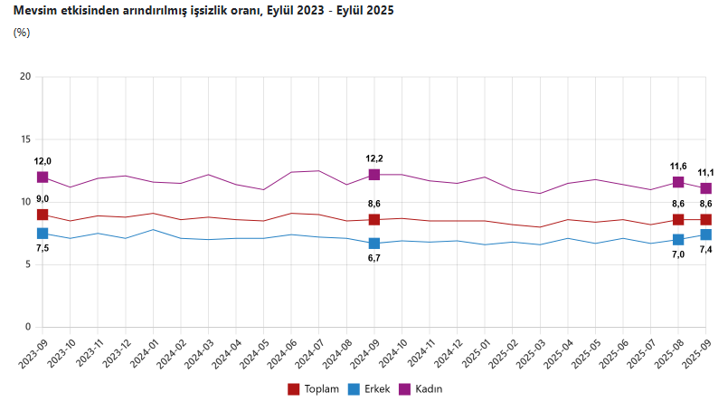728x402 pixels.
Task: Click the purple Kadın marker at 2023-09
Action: (43, 177)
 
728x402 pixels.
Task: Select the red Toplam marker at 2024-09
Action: (374, 220)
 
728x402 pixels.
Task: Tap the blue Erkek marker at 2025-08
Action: (678, 240)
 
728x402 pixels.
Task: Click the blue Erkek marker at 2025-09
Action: (706, 234)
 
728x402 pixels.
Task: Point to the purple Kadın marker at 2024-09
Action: (374, 175)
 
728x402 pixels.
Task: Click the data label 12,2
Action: (374, 158)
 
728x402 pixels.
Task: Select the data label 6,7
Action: (374, 258)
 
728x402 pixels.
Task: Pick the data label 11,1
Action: (706, 172)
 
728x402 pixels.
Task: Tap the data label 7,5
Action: (43, 248)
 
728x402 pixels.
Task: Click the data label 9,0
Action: (43, 198)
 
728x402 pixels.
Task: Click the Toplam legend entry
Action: (312, 388)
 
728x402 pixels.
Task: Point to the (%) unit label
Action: (23, 33)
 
